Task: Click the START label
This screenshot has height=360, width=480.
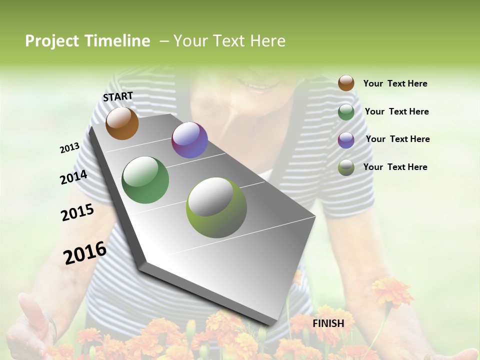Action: point(118,96)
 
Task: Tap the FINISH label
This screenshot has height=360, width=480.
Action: point(328,323)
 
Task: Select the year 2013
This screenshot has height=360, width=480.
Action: point(70,148)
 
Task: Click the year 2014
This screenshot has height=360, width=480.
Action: point(73,177)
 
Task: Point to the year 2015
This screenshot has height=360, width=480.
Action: point(77,212)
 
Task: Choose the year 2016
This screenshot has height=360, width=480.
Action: point(85,253)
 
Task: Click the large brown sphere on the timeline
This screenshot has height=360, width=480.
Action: point(122,123)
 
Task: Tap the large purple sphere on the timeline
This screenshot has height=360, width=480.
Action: point(189,140)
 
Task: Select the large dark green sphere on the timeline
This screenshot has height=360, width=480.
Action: point(145,180)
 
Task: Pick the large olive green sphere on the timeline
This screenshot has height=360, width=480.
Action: point(216,207)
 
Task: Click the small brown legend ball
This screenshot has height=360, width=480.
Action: point(346,83)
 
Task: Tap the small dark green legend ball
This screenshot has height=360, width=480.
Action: point(346,111)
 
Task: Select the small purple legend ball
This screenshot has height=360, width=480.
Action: point(346,139)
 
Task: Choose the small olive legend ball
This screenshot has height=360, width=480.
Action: point(346,167)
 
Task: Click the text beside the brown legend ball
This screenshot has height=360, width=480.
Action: point(395,83)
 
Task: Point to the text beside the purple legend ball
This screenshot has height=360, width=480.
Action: point(397,139)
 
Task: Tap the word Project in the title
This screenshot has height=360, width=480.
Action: point(51,41)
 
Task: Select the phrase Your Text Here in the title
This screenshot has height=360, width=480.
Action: point(229,41)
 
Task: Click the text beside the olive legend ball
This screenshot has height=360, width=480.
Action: point(395,167)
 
